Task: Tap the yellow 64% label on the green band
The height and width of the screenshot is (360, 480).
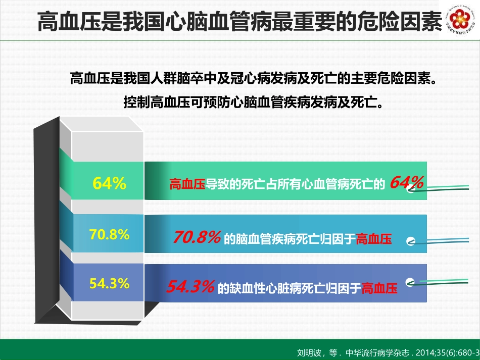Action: [109, 184]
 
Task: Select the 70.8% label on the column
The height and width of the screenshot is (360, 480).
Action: [109, 234]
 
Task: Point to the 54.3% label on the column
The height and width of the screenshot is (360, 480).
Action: [109, 283]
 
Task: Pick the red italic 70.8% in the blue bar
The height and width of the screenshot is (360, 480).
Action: [197, 237]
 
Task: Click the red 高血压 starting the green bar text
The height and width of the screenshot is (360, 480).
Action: [186, 184]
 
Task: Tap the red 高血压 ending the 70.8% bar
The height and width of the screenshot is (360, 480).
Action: [374, 239]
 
